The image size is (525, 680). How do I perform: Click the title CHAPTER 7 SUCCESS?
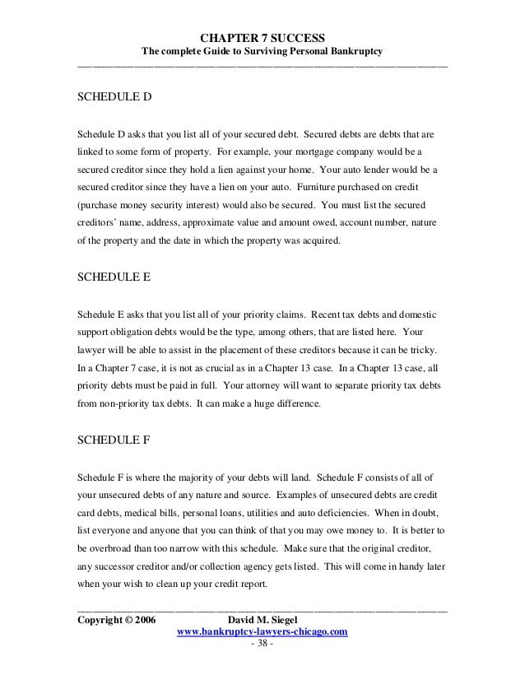point(262,38)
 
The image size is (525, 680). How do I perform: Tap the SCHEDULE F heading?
point(114,439)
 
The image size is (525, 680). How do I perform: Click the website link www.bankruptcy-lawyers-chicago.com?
point(262,631)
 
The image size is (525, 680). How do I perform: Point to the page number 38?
point(262,644)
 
